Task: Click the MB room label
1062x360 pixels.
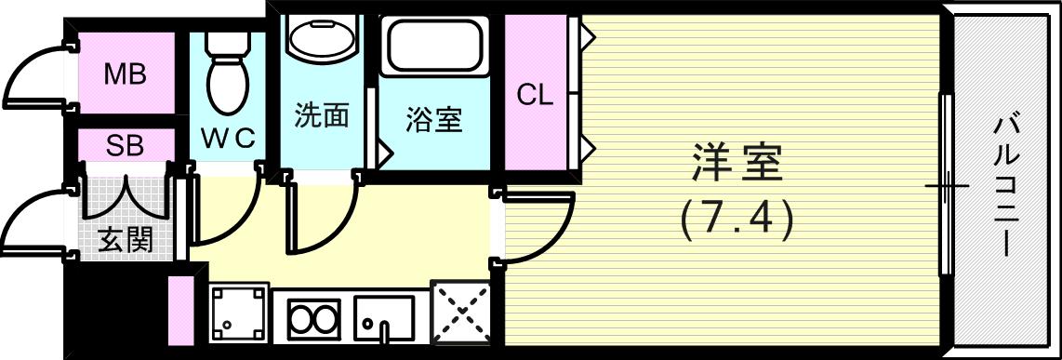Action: coord(125,74)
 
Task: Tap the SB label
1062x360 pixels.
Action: coord(125,145)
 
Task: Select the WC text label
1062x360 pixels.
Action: coord(228,138)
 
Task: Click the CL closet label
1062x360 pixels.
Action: coord(535,94)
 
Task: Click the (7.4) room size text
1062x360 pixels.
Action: coord(737,220)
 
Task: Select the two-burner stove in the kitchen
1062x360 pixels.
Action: coord(313,319)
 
